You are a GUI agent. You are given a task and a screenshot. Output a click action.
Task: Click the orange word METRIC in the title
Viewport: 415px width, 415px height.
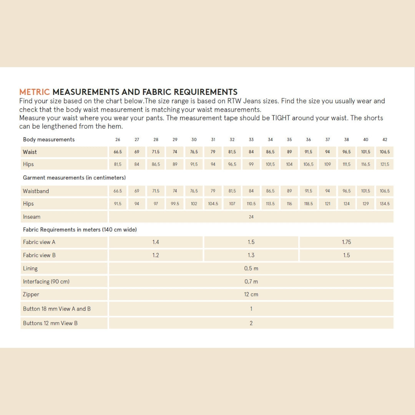point(35,92)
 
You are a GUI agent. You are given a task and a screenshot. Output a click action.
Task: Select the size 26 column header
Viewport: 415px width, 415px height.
point(118,139)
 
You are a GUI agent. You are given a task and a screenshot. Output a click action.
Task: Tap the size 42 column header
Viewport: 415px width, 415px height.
point(385,139)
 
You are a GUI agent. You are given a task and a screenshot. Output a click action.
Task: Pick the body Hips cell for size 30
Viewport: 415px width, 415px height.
point(194,164)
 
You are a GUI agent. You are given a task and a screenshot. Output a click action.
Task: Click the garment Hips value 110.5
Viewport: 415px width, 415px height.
point(251,204)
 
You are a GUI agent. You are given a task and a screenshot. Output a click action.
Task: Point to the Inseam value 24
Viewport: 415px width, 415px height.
point(251,217)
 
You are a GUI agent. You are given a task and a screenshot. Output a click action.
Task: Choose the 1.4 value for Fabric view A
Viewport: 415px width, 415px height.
point(156,242)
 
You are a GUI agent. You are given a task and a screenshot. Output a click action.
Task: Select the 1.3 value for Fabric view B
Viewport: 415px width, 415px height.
point(251,255)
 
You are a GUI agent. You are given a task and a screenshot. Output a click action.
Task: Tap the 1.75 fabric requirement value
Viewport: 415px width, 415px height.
point(347,242)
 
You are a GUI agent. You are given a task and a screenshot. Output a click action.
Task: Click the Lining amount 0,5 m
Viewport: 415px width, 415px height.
point(251,269)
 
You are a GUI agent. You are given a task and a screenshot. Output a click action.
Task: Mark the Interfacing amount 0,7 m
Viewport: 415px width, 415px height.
point(251,282)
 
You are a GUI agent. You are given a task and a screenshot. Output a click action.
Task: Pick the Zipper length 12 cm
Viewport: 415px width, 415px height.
point(251,294)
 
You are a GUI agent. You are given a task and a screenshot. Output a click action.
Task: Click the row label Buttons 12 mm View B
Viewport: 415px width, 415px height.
point(50,323)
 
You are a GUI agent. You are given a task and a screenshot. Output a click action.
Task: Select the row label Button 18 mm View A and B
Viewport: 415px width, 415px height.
point(57,309)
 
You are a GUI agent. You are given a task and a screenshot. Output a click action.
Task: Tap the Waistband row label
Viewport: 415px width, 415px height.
point(36,191)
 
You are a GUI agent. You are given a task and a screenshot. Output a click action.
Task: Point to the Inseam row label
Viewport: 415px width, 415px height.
point(32,217)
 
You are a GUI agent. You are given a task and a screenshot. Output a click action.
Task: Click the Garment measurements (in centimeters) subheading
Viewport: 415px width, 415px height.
point(74,178)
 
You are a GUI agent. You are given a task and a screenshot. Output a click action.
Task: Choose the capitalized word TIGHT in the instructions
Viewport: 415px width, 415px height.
point(281,118)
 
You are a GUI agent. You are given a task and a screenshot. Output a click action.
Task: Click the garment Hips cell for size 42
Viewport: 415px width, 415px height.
point(385,204)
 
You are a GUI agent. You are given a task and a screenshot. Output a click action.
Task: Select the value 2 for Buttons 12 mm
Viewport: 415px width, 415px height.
point(251,323)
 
